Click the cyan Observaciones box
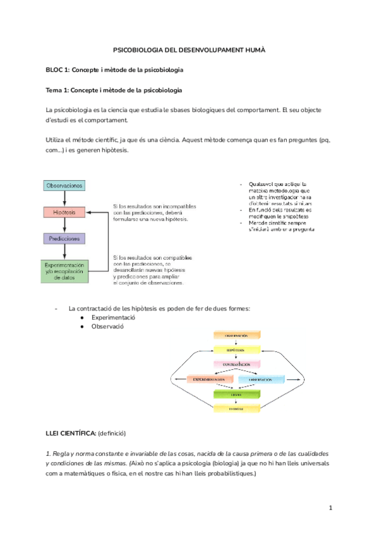pos(64,185)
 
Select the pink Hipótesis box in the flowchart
pos(64,212)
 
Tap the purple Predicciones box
pos(64,239)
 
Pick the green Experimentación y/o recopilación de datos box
pos(64,270)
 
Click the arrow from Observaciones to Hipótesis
pos(64,198)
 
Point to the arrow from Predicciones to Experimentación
pos(64,252)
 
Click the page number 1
pos(330,508)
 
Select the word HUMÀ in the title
pos(253,49)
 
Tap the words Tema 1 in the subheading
pos(57,90)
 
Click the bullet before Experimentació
pos(83,318)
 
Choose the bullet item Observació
pos(107,327)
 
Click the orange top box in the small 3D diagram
pos(236,335)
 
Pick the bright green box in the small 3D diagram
pos(236,394)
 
